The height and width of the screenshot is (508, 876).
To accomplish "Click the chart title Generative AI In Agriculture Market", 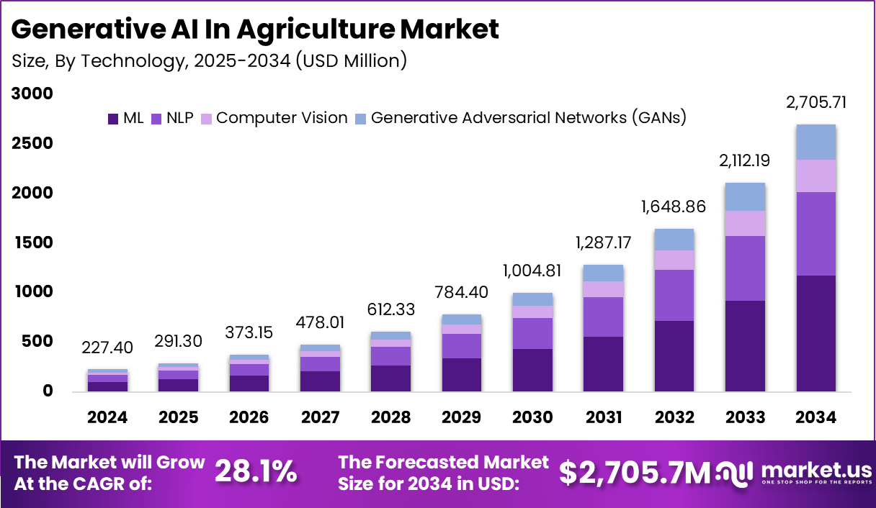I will coord(255,30).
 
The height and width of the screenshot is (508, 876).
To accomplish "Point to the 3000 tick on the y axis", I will coord(32,94).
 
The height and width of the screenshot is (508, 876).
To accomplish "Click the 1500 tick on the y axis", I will coord(32,242).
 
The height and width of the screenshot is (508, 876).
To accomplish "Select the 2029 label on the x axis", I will coord(461,417).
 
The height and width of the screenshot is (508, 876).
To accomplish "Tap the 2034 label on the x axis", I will coord(816,417).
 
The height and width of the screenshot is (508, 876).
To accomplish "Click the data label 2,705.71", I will coord(816,102).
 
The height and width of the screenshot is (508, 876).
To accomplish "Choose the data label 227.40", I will coord(108,348).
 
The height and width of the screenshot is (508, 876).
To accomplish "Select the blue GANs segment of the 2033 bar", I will coord(745,196).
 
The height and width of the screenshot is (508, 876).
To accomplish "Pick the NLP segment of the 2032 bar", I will coord(674,295).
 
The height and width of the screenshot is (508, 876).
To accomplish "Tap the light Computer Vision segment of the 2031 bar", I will coord(603,289).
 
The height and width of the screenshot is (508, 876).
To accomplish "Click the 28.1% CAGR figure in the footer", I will coord(256,471).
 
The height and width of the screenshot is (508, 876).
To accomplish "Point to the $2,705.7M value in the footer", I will coord(635,472).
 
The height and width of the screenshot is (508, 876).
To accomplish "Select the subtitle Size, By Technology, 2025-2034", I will coord(210,60).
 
